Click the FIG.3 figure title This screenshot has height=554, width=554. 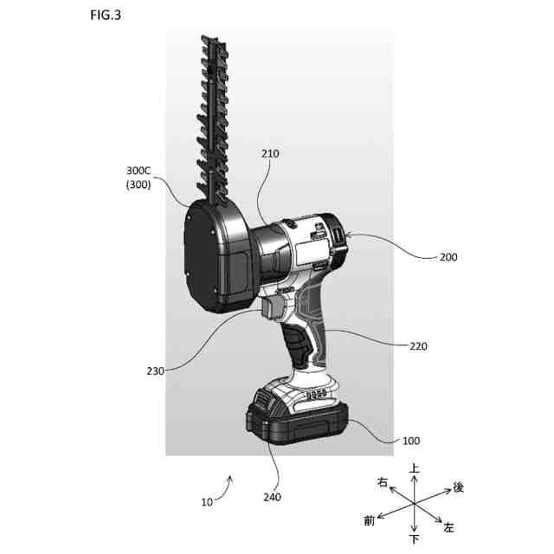(106, 16)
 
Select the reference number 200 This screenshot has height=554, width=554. (449, 257)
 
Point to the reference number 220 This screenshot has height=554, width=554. (419, 346)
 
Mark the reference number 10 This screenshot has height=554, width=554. (209, 502)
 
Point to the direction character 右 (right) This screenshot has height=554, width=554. (382, 481)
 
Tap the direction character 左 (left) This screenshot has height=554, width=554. (448, 527)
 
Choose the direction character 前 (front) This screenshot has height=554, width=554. (370, 520)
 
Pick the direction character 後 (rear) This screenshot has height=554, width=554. (458, 487)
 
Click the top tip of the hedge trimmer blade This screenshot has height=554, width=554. (209, 39)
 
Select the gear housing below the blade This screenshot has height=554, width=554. (218, 256)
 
